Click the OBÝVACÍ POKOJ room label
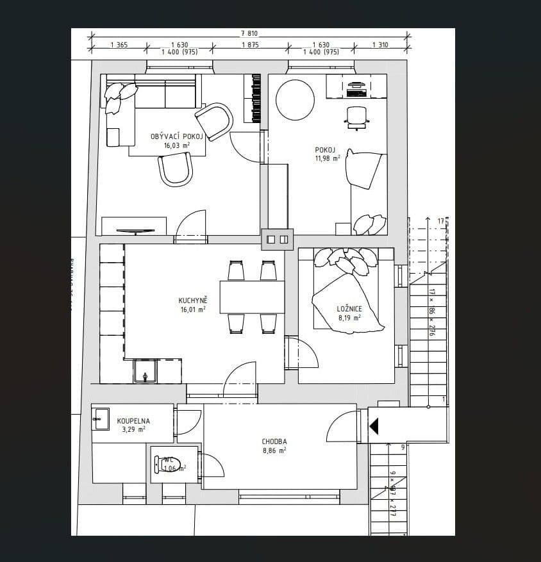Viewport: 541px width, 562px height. (176, 136)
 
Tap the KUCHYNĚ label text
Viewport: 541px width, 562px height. (193, 300)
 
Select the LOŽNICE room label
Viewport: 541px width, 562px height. (349, 309)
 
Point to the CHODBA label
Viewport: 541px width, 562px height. (274, 442)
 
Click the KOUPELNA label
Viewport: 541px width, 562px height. (133, 421)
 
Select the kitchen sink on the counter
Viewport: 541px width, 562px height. (146, 372)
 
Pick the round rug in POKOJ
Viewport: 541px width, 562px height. (295, 99)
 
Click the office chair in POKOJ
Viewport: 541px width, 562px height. (356, 116)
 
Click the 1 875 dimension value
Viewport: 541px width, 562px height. (250, 45)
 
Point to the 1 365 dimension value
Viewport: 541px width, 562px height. (119, 45)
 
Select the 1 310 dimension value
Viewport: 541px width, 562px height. (380, 45)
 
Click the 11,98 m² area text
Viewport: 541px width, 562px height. (326, 158)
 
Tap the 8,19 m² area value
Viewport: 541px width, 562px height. (349, 317)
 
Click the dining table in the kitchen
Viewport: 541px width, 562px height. (252, 297)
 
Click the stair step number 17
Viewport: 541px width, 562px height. (440, 221)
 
